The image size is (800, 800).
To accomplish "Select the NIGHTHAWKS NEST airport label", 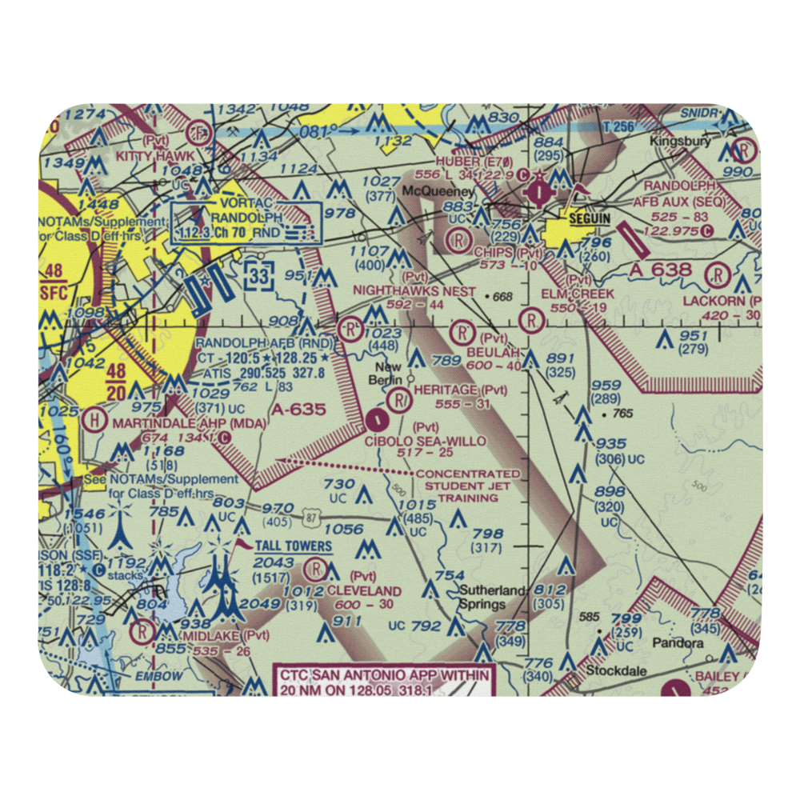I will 414,292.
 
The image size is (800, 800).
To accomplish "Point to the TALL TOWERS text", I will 294,546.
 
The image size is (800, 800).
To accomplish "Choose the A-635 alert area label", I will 298,410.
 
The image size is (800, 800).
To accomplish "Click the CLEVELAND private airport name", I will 364,590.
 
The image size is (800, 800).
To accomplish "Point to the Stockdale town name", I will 616,671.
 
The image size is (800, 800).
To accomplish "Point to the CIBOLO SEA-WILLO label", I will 426,441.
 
